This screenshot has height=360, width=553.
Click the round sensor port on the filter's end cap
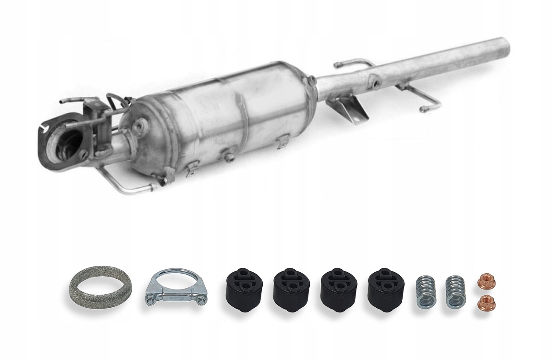pos(139,127)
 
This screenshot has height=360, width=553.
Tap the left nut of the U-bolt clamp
pos(149,298)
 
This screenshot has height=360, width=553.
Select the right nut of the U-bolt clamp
pos(198,298)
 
